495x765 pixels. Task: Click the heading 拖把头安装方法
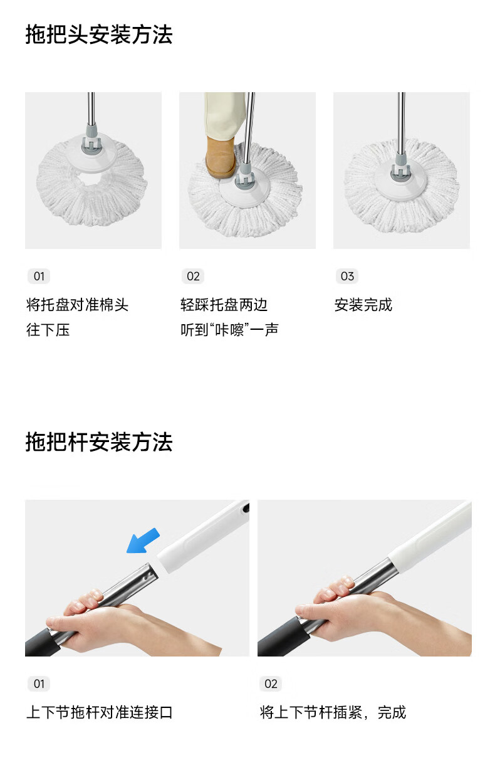point(99,35)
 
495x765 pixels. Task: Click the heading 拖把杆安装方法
point(99,442)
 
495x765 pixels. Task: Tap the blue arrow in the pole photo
point(143,541)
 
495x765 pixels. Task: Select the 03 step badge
point(347,277)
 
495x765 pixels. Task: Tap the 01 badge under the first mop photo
point(39,277)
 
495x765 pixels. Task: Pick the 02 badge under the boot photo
point(193,277)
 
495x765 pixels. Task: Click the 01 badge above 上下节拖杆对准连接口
point(39,683)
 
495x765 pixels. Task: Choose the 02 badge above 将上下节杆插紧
point(271,683)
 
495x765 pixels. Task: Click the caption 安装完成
point(363,305)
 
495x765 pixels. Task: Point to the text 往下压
point(48,330)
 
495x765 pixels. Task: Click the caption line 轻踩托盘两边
point(224,305)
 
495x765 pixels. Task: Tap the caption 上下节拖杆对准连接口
point(100,712)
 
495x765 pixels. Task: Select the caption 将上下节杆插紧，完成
point(333,712)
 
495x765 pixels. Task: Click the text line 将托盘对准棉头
point(78,305)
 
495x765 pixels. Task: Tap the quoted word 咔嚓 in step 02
point(229,330)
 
